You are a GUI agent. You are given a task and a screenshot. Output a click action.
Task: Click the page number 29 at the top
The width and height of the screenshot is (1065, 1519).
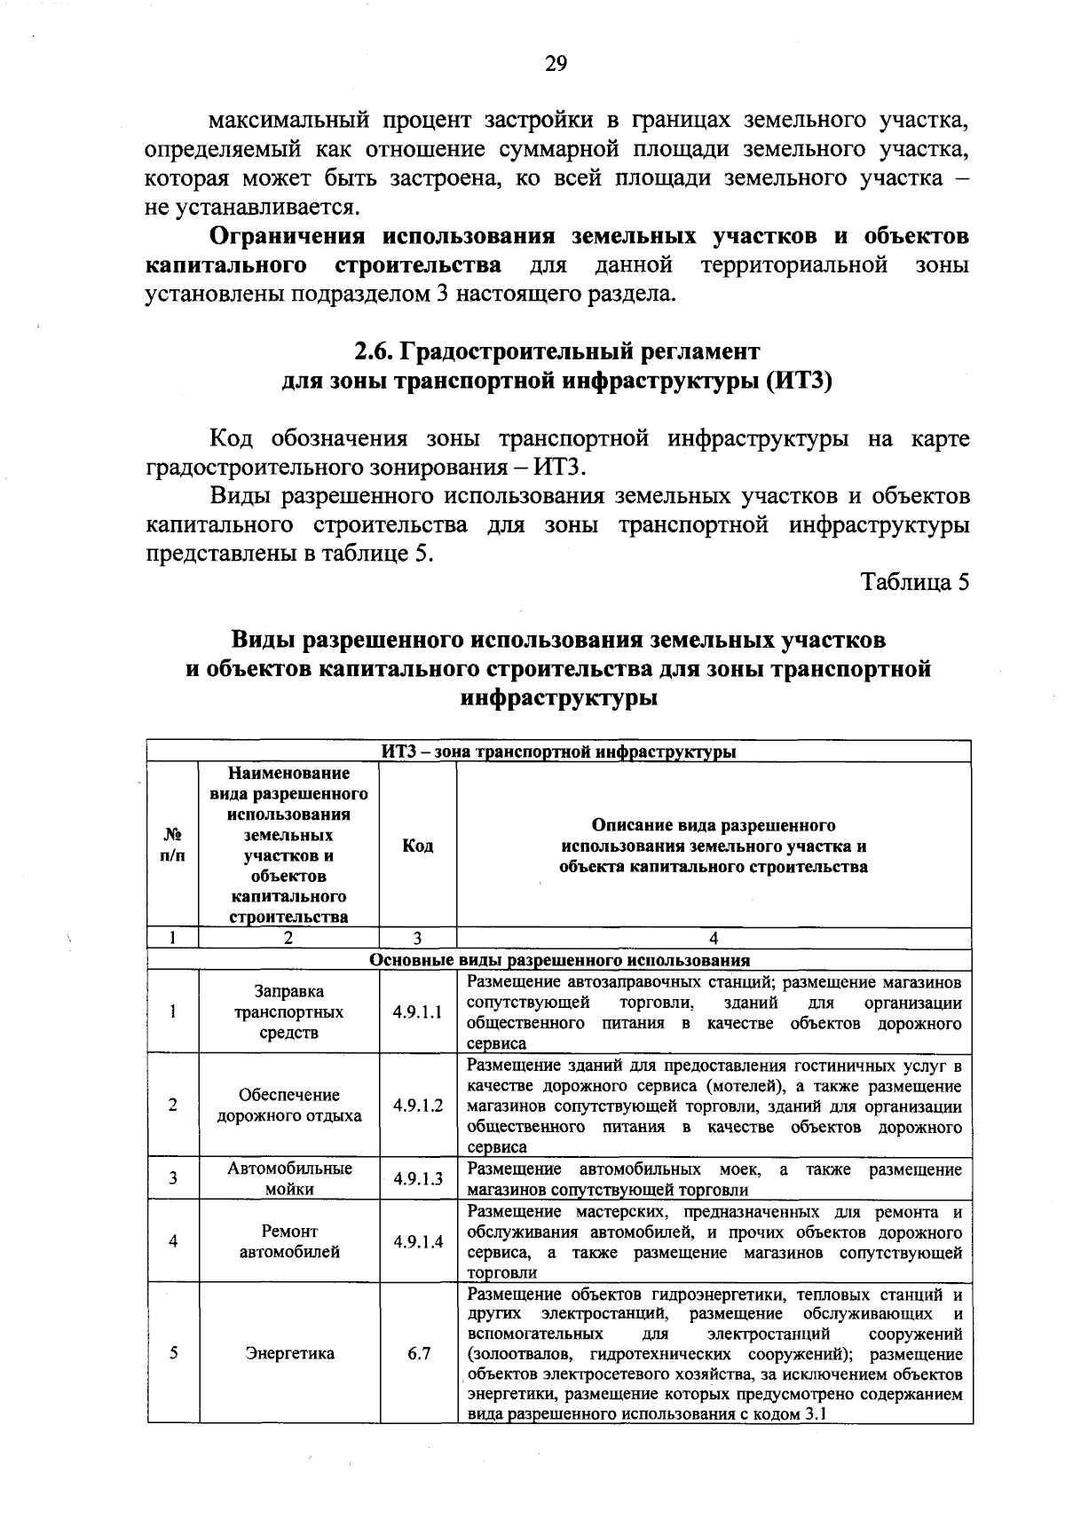(556, 63)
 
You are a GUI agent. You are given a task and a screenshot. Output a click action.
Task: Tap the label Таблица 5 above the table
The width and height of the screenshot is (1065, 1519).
(915, 582)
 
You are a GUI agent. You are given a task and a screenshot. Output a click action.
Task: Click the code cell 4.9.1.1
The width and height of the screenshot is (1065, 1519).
(417, 1012)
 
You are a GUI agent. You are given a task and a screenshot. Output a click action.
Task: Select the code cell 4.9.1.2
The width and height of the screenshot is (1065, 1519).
(417, 1106)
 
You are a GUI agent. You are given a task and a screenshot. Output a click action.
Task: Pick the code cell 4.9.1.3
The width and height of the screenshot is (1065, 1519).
(417, 1179)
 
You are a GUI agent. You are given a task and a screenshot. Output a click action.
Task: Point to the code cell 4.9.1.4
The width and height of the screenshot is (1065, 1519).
(417, 1242)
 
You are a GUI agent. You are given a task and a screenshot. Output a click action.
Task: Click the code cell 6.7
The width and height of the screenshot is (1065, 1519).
(418, 1354)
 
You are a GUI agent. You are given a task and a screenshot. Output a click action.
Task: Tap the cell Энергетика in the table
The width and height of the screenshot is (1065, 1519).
(289, 1354)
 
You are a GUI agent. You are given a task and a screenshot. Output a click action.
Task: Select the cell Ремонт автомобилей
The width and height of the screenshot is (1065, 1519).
(289, 1242)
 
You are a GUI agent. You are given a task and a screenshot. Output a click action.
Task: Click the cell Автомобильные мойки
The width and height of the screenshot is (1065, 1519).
(289, 1179)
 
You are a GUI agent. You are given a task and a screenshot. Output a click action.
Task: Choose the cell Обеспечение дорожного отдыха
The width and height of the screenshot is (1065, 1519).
(289, 1106)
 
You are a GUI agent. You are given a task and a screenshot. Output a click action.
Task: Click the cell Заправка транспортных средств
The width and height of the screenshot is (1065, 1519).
(289, 1012)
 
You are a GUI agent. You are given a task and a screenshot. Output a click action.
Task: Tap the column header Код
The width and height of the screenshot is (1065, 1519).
(418, 846)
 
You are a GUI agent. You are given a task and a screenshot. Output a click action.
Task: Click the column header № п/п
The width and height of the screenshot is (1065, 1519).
(173, 846)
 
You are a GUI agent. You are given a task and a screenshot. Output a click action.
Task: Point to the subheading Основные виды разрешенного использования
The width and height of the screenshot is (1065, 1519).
(559, 960)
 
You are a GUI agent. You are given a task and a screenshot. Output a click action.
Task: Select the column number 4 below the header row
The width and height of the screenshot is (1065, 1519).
(714, 939)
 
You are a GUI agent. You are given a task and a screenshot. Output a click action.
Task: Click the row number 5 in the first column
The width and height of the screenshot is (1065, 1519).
(173, 1354)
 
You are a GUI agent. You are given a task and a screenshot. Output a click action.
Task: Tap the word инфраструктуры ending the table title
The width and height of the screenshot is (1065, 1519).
(559, 698)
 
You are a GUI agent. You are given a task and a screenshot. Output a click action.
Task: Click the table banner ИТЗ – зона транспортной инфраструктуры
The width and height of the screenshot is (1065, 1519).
(559, 752)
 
